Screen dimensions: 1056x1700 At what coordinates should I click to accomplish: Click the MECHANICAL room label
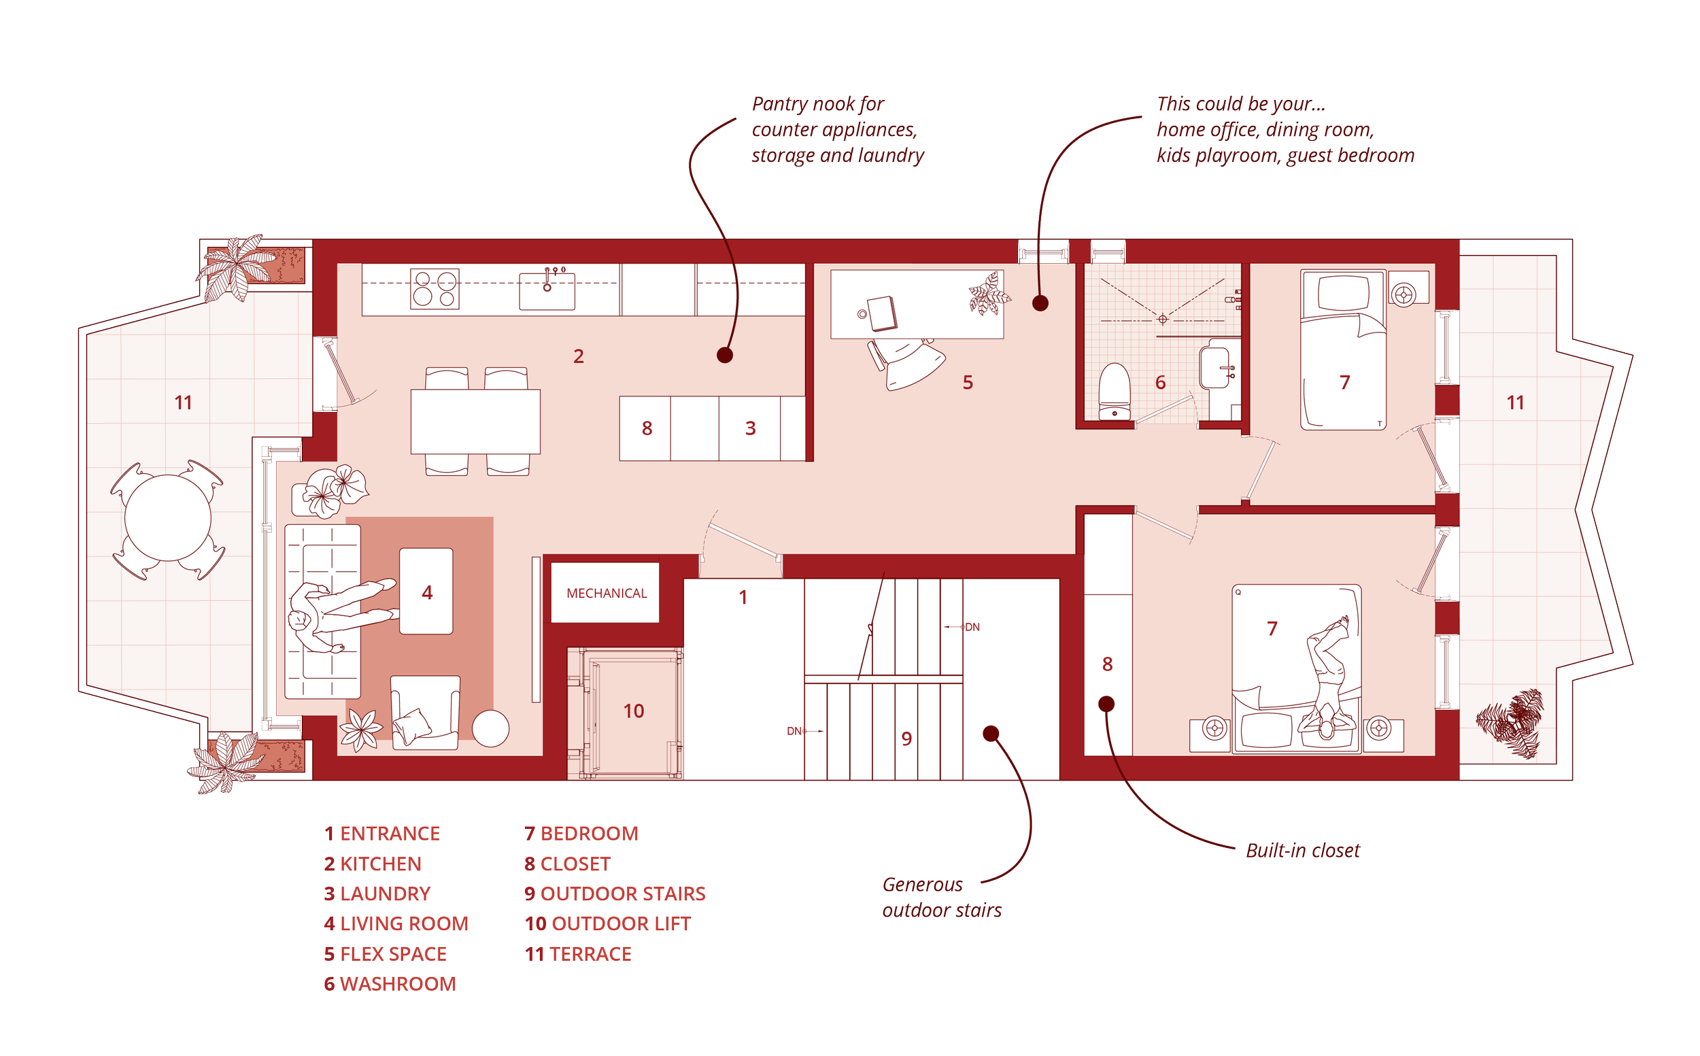[x=606, y=593]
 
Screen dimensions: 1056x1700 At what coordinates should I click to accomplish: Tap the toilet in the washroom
[x=1113, y=392]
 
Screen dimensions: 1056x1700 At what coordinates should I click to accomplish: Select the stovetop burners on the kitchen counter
[x=434, y=288]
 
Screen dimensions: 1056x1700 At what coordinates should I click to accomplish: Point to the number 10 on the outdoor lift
[x=633, y=711]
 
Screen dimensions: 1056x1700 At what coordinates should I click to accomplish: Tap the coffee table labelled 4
[x=426, y=592]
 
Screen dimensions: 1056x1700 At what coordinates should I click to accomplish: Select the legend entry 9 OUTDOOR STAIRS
[x=615, y=893]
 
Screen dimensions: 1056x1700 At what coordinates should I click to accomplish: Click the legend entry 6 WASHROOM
[x=389, y=983]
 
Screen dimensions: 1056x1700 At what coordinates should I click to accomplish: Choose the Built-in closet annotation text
[x=1303, y=851]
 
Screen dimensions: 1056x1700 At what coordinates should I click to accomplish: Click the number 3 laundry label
[x=750, y=428]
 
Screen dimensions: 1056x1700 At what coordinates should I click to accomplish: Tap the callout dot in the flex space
[x=1040, y=303]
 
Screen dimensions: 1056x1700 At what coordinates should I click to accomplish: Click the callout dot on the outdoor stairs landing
[x=990, y=733]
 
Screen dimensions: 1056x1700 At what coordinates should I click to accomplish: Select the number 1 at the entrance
[x=743, y=597]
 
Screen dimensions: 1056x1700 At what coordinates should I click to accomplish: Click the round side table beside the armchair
[x=490, y=728]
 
